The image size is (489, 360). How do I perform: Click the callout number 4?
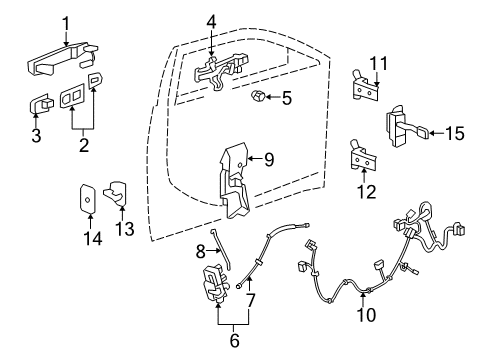[x=210, y=19]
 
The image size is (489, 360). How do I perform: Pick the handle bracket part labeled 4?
[x=219, y=68]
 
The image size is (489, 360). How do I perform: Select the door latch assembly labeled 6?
[x=216, y=291]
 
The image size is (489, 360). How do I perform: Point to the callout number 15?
[x=456, y=132]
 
